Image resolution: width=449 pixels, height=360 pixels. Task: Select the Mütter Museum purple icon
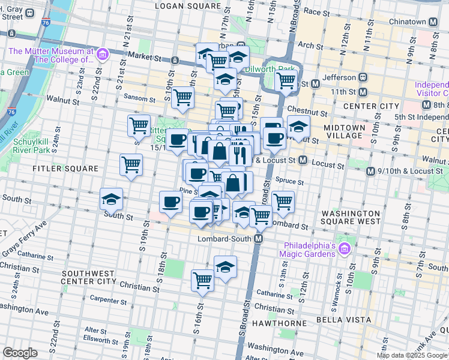point(102,55)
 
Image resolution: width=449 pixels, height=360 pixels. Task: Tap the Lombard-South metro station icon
point(259,239)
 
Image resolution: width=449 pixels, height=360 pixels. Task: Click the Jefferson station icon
point(363,77)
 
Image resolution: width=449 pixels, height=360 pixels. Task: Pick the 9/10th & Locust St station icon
point(370,172)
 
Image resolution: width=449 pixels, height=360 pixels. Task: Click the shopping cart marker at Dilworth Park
point(286,80)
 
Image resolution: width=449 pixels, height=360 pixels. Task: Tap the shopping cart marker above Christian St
point(203,280)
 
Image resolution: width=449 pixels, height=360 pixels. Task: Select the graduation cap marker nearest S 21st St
point(111,199)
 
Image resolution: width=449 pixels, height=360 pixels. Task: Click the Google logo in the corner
point(20,353)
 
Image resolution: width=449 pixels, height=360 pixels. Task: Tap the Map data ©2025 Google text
point(412,355)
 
